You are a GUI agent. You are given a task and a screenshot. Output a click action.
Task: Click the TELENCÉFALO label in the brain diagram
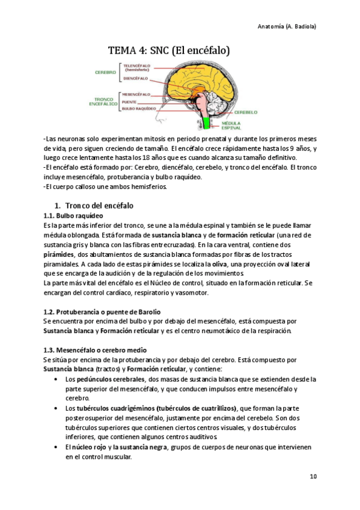click(x=136, y=66)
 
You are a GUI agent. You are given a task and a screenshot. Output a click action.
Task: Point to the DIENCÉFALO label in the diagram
click(x=136, y=78)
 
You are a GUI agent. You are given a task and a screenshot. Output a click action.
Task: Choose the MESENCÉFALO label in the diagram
click(x=136, y=94)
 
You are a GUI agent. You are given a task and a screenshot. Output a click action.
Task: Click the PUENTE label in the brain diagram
click(x=130, y=102)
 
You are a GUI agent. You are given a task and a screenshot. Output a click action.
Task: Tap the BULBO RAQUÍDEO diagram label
click(x=139, y=109)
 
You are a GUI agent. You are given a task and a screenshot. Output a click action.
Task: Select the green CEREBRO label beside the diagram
click(x=105, y=72)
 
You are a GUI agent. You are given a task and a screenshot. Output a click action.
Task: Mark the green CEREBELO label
click(x=246, y=112)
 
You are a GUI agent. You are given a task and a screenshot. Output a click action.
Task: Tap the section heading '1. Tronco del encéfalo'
click(x=98, y=206)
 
